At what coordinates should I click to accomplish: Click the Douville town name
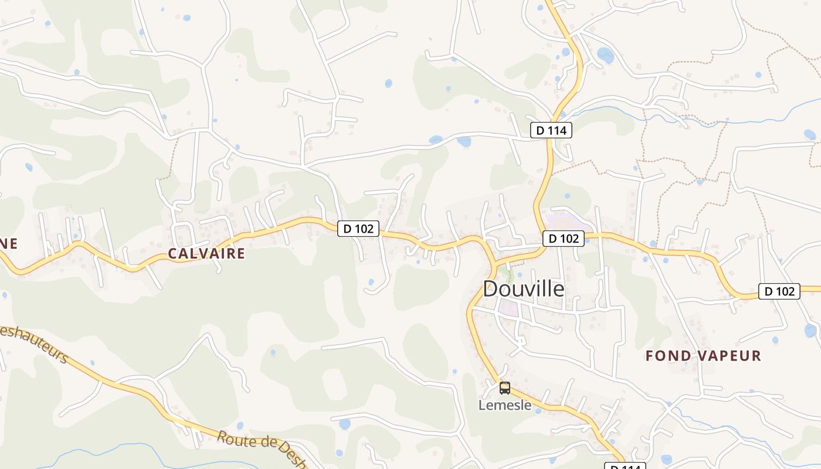tap(524, 288)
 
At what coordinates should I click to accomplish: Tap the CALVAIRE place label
tap(206, 253)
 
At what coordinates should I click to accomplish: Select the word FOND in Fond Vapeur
tap(666, 356)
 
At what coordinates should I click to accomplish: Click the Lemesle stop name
tap(505, 405)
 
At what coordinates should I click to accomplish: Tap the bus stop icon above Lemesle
tap(505, 388)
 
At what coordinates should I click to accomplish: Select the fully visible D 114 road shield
tap(551, 130)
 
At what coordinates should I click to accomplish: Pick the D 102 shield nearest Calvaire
tap(358, 229)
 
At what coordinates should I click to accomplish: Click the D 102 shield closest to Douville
tap(564, 239)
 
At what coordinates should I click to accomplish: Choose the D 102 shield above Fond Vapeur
tap(779, 291)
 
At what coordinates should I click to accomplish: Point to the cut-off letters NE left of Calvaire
tap(8, 243)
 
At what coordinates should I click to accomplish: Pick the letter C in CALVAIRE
tap(172, 253)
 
